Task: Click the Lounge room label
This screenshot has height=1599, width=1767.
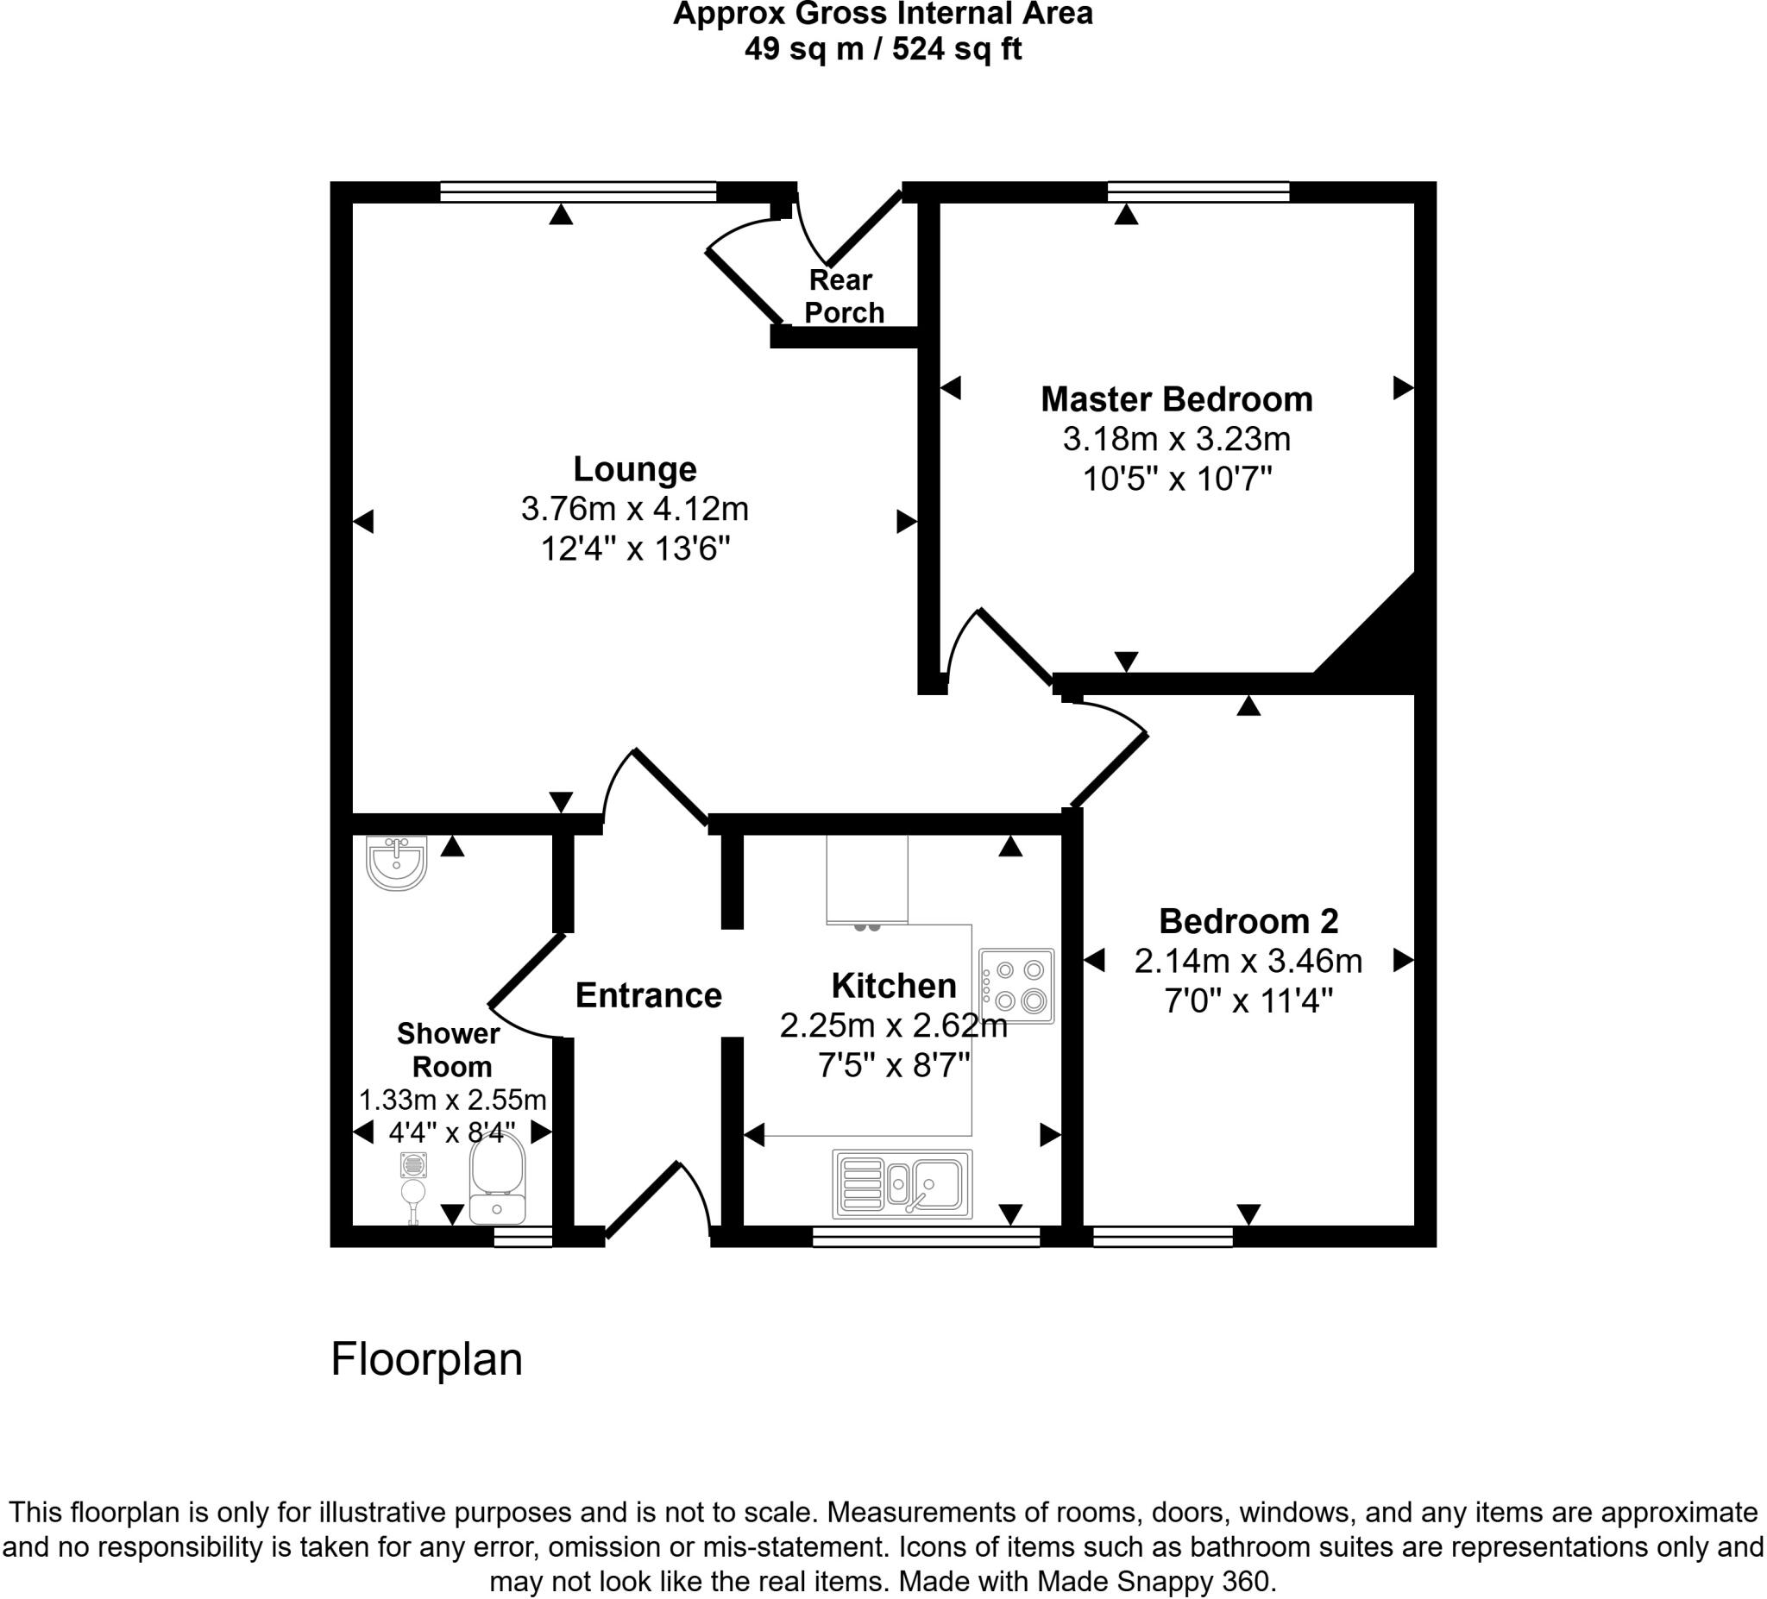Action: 634,470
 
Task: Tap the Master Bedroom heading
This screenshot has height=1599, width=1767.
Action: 1176,399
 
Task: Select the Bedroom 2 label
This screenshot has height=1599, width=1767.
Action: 1248,921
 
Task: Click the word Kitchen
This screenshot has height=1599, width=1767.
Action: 893,986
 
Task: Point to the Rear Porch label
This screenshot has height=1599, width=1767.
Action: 843,296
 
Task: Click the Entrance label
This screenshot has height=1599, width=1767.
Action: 649,995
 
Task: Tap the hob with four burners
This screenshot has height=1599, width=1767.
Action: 1016,986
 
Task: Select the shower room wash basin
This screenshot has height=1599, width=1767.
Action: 396,862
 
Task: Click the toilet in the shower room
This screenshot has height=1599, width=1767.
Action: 497,1178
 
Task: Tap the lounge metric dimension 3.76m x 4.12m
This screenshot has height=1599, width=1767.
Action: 634,508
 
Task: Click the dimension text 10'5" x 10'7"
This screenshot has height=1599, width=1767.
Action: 1176,480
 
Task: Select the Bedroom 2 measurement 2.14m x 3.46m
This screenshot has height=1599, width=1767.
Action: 1248,961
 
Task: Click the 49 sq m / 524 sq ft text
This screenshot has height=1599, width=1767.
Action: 883,48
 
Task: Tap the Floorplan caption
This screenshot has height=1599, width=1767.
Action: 427,1359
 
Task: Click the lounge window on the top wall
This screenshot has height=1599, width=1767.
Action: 577,191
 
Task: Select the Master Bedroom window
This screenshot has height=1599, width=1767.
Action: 1198,191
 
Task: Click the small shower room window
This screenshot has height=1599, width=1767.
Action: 523,1236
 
